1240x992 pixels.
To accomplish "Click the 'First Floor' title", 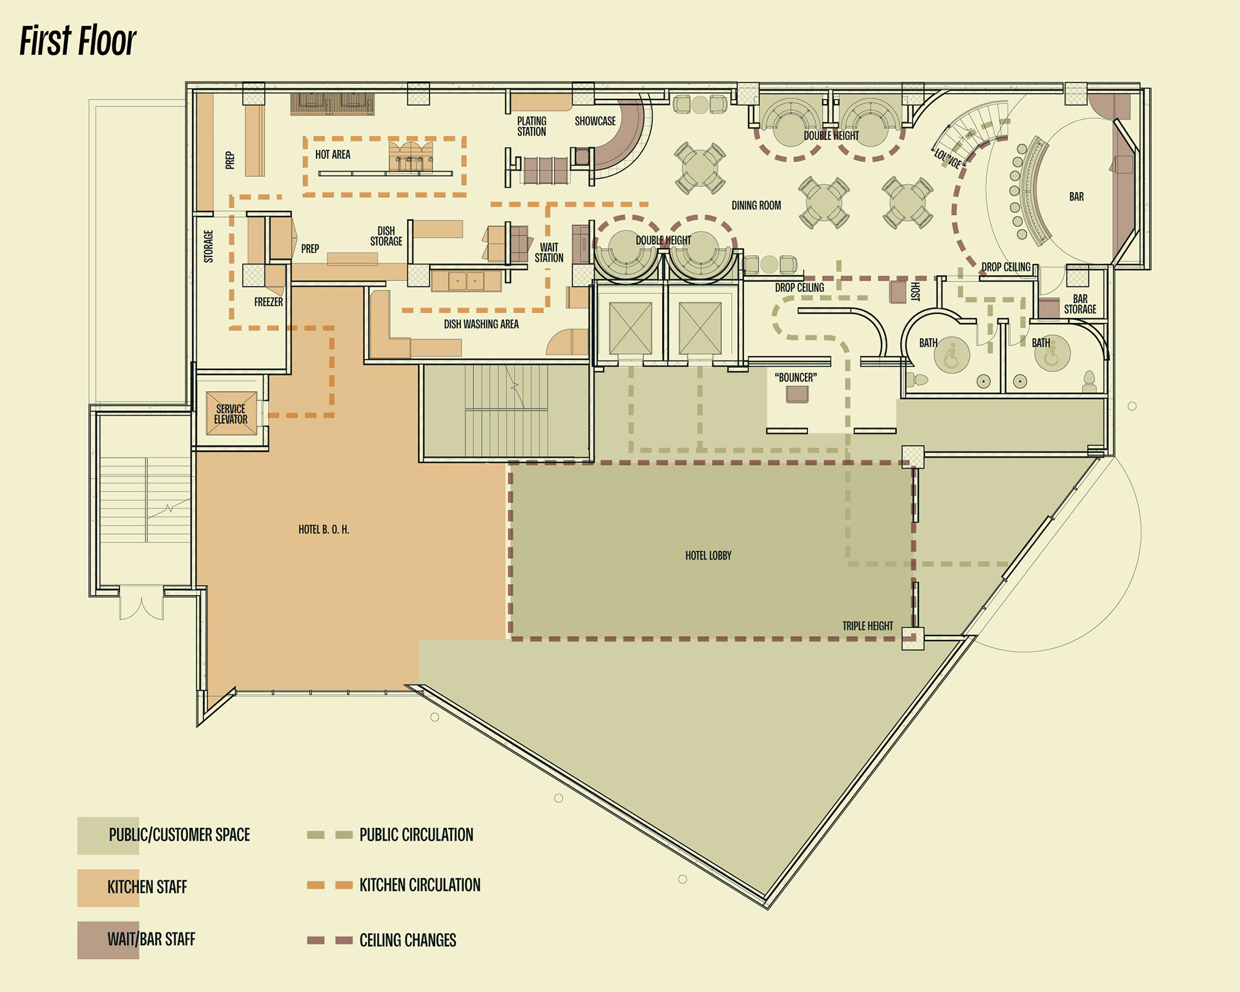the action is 77,41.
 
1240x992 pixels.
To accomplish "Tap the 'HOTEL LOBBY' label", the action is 708,555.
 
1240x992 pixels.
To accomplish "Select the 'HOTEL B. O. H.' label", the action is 324,530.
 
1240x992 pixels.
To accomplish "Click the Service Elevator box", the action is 231,413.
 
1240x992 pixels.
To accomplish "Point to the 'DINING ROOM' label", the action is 756,205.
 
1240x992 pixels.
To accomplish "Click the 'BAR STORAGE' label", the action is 1080,304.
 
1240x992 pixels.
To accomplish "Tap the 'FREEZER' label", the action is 269,302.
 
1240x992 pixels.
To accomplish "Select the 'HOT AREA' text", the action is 333,154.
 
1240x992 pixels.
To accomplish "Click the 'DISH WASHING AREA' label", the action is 481,324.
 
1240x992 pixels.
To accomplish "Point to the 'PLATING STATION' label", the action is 532,126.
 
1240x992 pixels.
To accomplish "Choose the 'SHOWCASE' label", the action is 595,121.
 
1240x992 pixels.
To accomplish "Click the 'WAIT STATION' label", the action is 549,253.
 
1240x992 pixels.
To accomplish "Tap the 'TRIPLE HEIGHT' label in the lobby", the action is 867,626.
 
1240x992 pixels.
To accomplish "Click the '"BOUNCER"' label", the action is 796,377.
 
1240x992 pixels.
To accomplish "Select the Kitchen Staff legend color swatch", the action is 108,888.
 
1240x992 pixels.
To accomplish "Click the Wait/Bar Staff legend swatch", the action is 108,940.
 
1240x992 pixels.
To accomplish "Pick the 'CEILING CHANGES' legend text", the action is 408,940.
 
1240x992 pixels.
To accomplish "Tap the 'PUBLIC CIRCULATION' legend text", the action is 416,835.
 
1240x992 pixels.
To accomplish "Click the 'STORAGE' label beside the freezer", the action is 209,246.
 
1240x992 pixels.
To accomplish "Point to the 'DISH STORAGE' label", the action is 386,236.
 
